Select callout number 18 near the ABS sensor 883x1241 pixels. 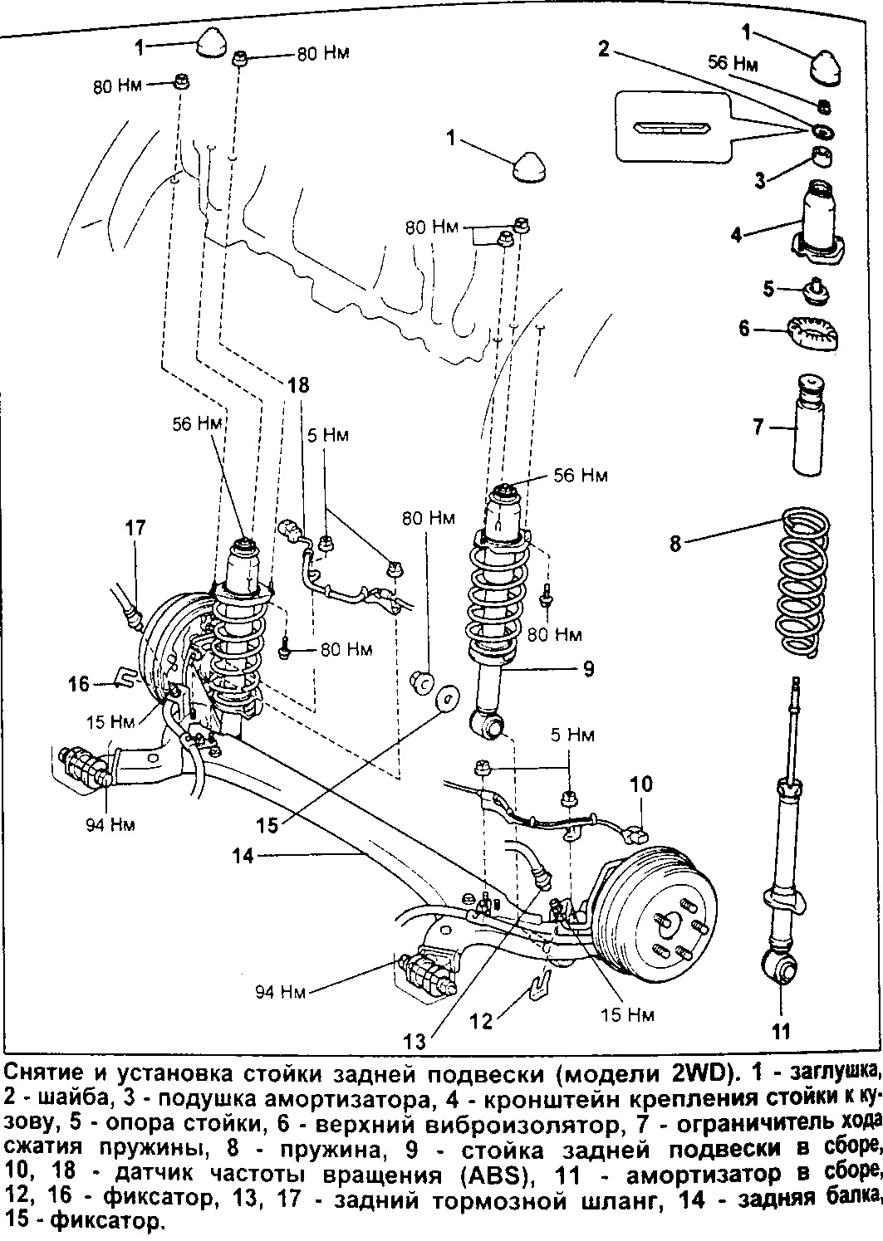click(x=298, y=384)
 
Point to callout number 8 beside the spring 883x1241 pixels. click(x=676, y=544)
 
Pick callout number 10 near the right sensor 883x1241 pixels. click(x=641, y=784)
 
